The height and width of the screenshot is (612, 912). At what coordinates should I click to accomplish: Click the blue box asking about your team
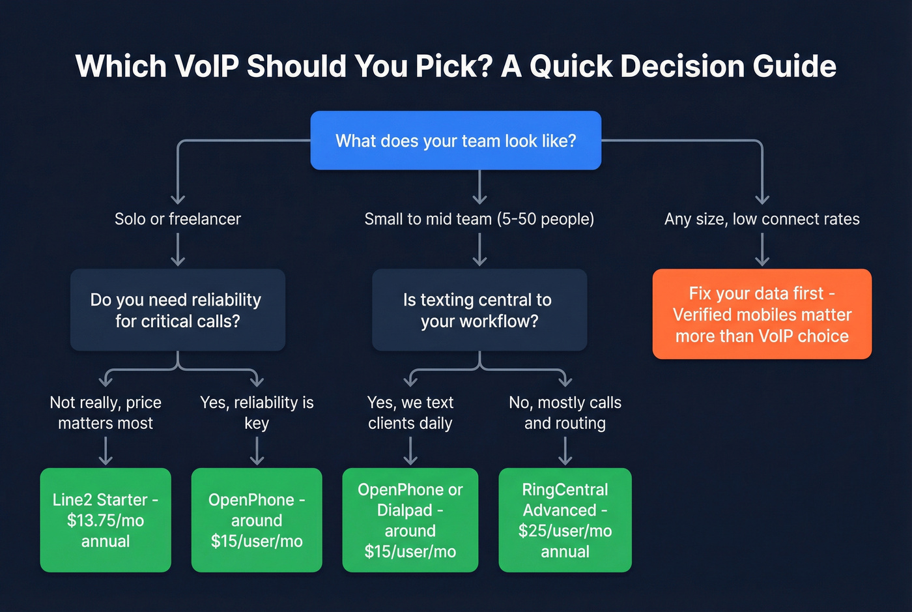pos(455,141)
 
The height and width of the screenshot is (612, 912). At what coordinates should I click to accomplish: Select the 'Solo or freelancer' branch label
pos(177,219)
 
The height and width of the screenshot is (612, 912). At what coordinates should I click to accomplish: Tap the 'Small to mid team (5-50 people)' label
pos(479,219)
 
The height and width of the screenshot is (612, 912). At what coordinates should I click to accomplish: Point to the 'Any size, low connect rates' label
pos(762,219)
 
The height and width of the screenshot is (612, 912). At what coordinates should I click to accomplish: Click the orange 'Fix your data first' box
pos(762,314)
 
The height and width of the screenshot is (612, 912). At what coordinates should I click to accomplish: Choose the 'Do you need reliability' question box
pos(177,310)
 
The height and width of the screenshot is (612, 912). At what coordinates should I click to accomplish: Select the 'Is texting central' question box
pos(479,310)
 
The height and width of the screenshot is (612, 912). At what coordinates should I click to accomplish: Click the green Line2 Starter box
pos(106,520)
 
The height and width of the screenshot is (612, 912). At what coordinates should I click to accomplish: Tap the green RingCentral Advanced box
pos(565,520)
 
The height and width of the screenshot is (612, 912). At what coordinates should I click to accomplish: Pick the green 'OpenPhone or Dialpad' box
pos(410,520)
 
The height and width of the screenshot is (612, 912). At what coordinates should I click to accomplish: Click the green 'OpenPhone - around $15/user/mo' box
pos(257,520)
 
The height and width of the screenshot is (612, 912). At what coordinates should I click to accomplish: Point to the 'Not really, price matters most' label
pos(106,413)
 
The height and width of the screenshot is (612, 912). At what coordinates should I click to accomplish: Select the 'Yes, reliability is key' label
pos(257,413)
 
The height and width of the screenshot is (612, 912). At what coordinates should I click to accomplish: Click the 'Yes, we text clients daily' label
pos(410,413)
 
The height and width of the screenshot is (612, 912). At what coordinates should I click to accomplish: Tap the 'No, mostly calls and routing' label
pos(565,413)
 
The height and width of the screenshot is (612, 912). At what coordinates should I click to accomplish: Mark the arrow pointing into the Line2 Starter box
pos(106,452)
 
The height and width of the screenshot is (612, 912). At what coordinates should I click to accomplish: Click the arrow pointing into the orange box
pos(762,252)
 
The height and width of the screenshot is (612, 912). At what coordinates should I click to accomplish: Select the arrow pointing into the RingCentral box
pos(565,452)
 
